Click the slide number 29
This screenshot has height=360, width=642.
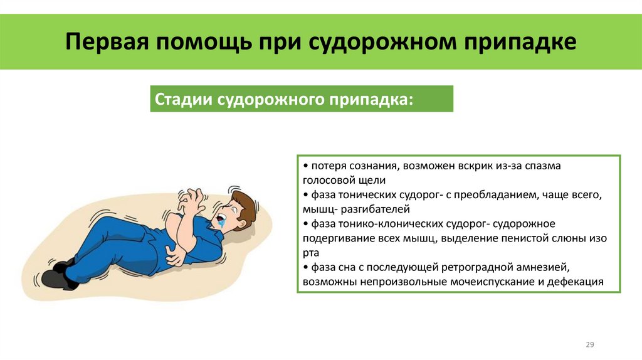point(589,345)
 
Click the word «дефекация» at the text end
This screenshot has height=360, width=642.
point(575,282)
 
